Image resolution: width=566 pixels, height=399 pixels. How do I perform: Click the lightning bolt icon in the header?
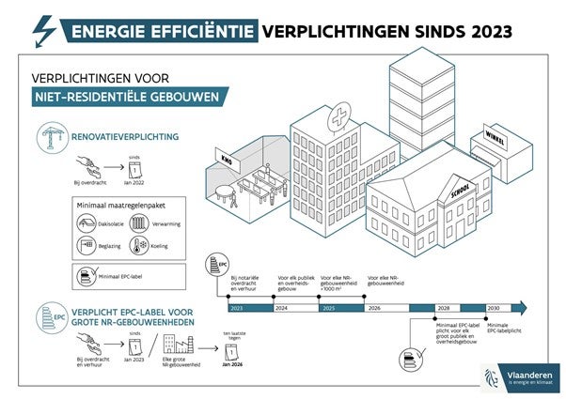(x=43, y=31)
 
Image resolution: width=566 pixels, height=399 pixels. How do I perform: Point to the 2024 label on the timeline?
(x=279, y=307)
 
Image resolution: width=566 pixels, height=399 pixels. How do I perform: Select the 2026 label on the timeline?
(x=375, y=307)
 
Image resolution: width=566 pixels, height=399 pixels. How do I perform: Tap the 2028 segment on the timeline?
(x=443, y=307)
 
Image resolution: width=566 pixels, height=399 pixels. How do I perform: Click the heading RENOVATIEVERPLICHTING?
(x=126, y=137)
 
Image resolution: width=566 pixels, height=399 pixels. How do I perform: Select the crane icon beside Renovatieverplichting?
(x=48, y=138)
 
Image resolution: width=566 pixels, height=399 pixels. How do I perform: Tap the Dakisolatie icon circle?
(x=85, y=223)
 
